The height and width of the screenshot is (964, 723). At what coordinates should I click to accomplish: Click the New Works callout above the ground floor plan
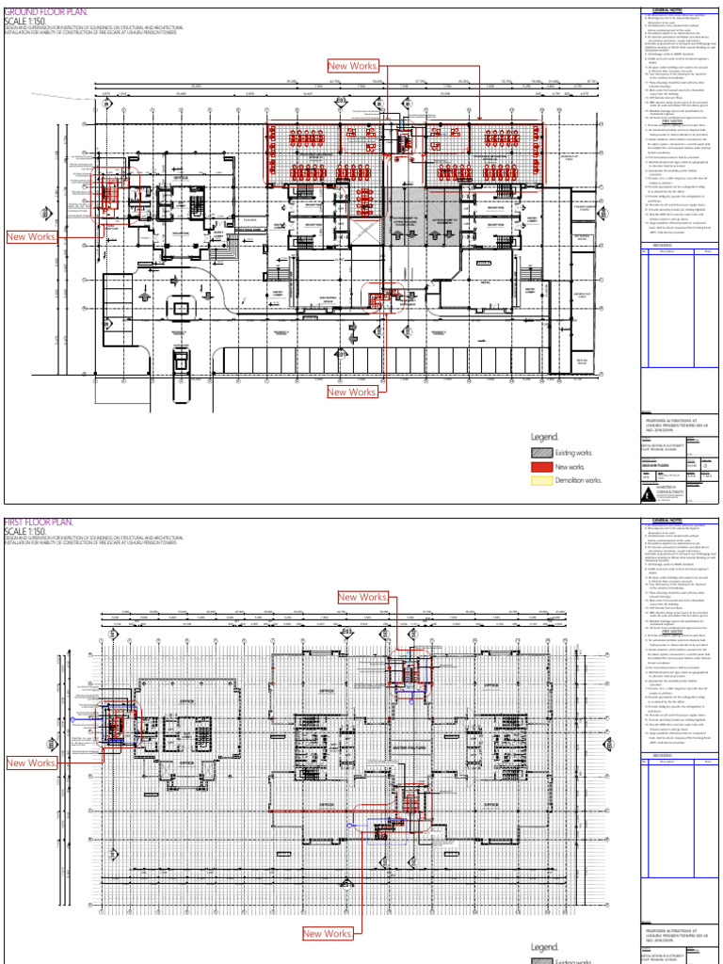351,66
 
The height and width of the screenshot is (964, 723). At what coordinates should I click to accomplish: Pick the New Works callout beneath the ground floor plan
351,392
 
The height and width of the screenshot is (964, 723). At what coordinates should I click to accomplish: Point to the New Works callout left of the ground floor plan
31,237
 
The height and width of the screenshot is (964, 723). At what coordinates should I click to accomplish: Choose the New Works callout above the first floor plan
362,598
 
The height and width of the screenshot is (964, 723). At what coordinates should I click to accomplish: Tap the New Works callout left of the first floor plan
31,763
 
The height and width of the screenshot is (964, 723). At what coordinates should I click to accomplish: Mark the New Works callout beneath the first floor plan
327,934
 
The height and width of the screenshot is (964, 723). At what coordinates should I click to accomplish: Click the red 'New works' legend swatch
541,467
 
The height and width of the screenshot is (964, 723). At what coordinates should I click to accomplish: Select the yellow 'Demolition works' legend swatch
541,480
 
